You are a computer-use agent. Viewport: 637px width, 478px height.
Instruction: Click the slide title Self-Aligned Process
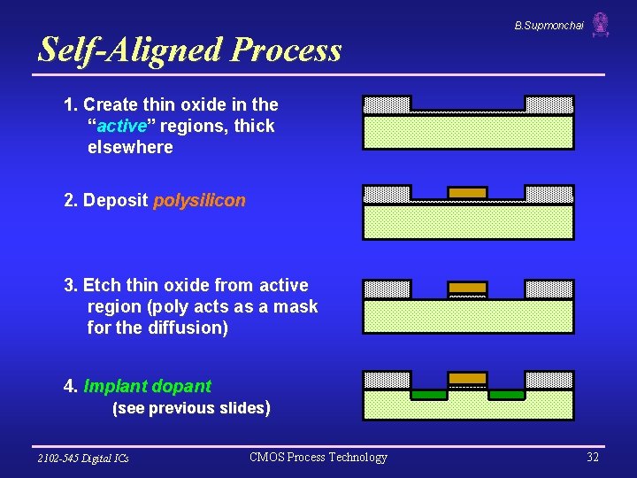pos(189,50)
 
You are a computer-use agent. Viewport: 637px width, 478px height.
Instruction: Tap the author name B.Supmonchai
pos(549,26)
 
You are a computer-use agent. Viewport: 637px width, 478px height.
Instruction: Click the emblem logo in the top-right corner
pos(601,24)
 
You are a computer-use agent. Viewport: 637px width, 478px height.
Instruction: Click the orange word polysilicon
pos(199,200)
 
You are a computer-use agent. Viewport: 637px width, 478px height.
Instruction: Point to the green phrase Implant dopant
pos(147,386)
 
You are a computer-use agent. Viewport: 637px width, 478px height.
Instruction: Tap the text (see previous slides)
pos(190,408)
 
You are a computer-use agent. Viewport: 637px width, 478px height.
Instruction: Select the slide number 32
pos(593,457)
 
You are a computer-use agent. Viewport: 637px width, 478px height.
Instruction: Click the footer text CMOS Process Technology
pos(318,457)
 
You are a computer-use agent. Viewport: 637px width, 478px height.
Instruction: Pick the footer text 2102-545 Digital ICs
pos(83,458)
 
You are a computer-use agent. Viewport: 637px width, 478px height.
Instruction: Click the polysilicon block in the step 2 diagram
pos(467,192)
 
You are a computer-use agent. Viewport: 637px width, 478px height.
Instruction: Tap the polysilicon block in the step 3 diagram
pos(467,288)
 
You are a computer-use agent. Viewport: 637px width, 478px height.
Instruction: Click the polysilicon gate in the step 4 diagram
pos(467,378)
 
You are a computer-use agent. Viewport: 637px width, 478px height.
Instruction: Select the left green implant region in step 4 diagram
pos(429,395)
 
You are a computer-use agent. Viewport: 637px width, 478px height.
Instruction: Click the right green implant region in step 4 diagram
pos(506,395)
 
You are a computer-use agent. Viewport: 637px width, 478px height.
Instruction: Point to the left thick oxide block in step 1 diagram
pos(388,104)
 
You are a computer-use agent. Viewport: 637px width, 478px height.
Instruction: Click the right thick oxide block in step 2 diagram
pos(549,193)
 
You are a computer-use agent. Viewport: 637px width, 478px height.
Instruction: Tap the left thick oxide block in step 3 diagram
pos(388,289)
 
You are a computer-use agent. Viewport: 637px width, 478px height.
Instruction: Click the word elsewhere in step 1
pos(130,147)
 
